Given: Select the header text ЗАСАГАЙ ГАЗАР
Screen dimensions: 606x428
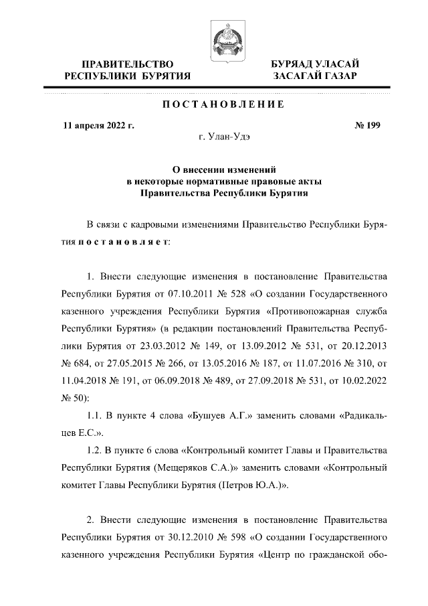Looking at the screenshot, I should point(314,76).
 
